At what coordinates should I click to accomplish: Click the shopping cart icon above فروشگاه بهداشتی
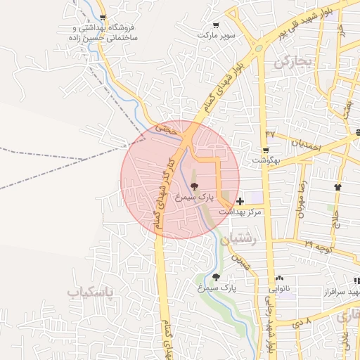point(103,18)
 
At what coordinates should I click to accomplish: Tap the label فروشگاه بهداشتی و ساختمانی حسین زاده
point(103,33)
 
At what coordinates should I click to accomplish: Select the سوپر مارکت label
point(216,34)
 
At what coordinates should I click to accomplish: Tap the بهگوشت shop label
point(266,160)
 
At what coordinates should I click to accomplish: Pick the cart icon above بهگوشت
point(265,150)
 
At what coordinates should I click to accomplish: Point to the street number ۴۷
point(271,133)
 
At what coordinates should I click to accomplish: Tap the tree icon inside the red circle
point(194,186)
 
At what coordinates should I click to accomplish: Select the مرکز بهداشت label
point(240,211)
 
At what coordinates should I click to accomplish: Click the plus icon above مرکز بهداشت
point(240,201)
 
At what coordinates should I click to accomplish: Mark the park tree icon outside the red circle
point(216,277)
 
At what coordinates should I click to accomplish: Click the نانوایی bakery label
point(280,288)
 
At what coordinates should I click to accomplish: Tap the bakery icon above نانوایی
point(280,278)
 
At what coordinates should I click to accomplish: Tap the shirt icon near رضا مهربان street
point(338,187)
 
